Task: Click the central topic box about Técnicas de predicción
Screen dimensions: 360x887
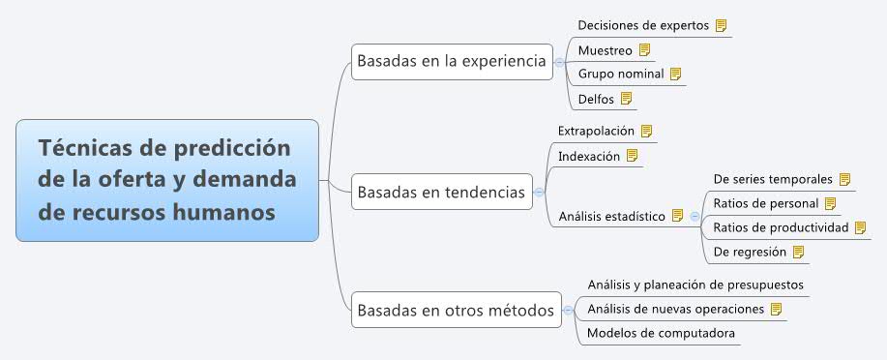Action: click(166, 180)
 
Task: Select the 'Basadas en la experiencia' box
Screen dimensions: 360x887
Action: click(452, 61)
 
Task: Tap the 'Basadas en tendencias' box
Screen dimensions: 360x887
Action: click(441, 192)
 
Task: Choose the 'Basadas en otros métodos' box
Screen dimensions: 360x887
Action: click(456, 311)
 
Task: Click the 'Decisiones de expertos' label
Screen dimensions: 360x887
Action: click(643, 25)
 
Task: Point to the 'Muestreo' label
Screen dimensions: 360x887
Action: click(605, 49)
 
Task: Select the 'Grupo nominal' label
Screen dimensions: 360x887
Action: click(621, 74)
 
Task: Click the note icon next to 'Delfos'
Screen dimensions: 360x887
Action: click(626, 98)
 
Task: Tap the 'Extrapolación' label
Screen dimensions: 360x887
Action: click(596, 130)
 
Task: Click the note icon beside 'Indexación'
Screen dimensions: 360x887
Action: click(633, 155)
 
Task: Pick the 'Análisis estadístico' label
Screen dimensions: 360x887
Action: click(611, 216)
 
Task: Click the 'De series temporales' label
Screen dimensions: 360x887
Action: click(773, 179)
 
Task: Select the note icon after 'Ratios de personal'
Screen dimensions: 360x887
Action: click(829, 203)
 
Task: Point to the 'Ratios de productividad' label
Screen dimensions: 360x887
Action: click(781, 227)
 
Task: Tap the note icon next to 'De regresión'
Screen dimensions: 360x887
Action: click(798, 252)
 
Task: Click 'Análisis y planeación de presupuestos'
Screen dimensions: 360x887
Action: click(695, 285)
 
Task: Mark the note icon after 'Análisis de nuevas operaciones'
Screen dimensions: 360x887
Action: click(776, 309)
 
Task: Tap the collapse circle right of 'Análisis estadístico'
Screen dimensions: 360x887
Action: click(694, 216)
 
